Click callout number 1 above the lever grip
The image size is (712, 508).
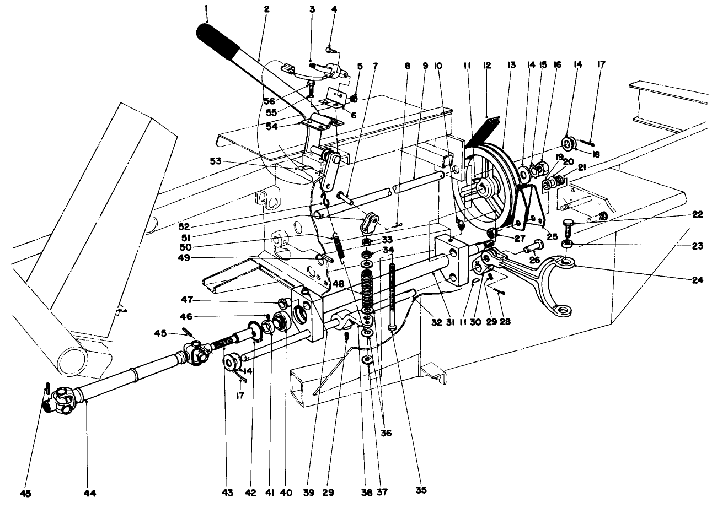coord(207,9)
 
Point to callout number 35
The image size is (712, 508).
coord(422,488)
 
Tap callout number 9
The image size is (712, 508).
coord(425,65)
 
